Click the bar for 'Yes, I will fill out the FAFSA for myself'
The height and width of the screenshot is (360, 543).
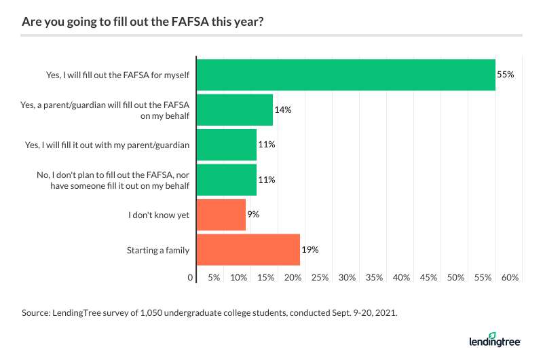click(345, 74)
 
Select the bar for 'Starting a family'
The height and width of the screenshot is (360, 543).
click(248, 250)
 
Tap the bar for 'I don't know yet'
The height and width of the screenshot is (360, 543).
click(221, 215)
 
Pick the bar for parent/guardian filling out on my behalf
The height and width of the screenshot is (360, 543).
click(234, 109)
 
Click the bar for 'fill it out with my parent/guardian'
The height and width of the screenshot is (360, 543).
click(226, 144)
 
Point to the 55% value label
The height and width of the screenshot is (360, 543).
click(505, 74)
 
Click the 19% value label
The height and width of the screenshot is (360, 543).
click(310, 250)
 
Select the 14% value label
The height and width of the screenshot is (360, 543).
click(283, 109)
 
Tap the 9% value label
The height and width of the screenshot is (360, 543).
click(253, 215)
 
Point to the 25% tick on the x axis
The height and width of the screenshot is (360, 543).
click(320, 277)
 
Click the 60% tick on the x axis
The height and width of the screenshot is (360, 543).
click(510, 277)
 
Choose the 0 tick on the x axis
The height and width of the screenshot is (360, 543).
click(191, 277)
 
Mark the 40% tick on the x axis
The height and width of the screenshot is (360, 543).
click(401, 277)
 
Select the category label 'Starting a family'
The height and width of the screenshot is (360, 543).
click(158, 250)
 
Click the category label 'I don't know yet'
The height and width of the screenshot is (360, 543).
click(160, 215)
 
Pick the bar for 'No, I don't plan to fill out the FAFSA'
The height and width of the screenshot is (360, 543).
click(226, 180)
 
